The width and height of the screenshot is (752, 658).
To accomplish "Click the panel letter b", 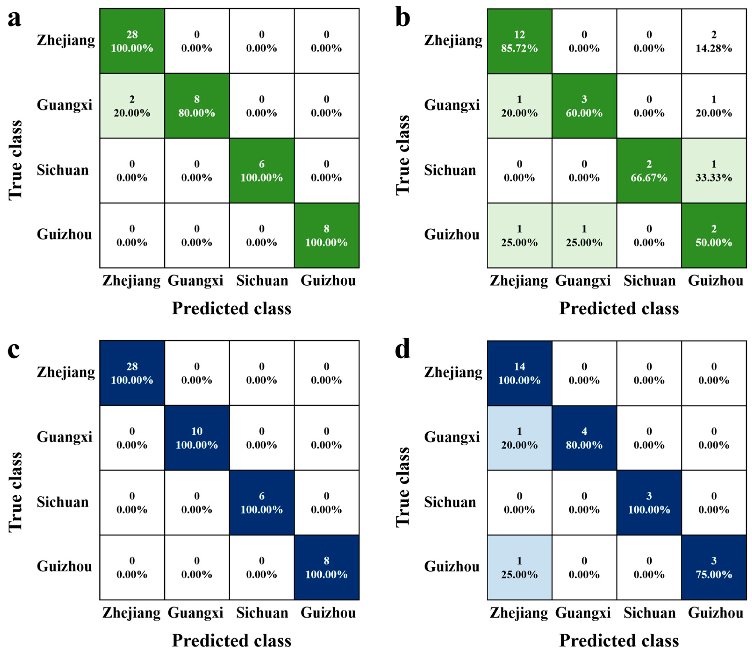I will (402, 18).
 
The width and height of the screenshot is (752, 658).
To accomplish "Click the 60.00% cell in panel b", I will (584, 106).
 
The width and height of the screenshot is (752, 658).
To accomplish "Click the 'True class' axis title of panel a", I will (15, 160).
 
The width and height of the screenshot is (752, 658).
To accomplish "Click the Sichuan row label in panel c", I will (63, 502).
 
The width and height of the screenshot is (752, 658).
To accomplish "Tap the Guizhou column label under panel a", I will (328, 281).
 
